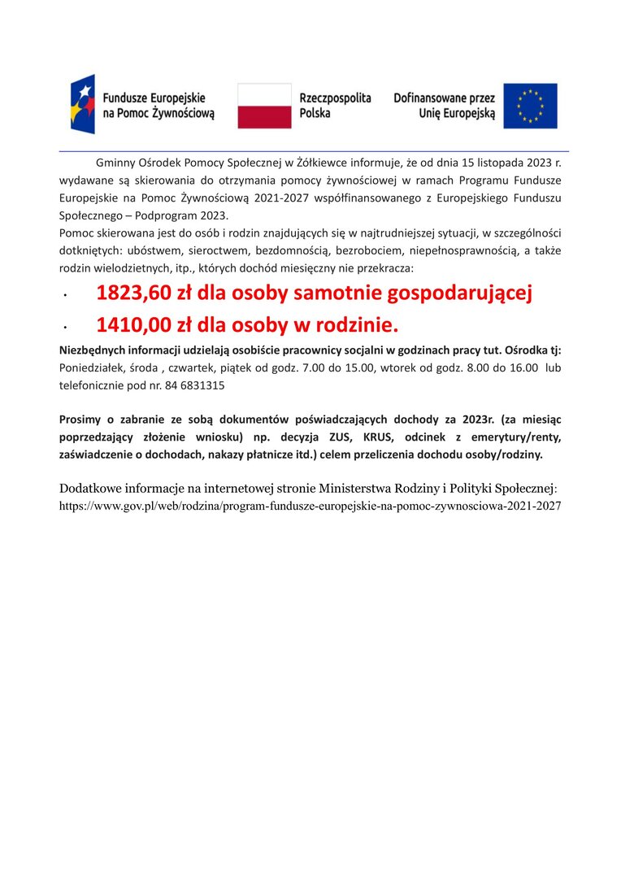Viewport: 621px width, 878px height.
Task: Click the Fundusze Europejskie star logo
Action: (82, 104)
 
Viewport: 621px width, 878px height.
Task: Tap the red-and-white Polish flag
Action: (264, 106)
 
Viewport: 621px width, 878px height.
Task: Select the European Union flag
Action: (530, 106)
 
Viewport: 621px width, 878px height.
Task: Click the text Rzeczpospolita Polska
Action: (335, 106)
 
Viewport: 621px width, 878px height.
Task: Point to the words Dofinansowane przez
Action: (444, 98)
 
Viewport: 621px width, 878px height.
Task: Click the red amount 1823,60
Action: (134, 293)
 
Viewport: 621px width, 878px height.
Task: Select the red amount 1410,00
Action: (134, 326)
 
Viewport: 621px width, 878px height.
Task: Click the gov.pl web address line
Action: (310, 506)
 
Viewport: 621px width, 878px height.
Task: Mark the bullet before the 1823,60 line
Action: (64, 297)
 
